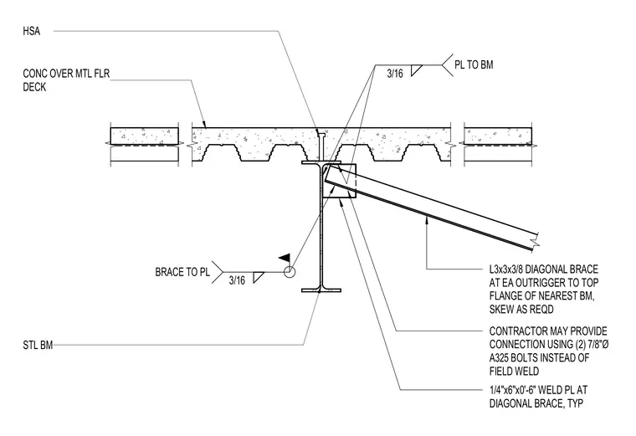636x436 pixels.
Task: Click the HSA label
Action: [32, 31]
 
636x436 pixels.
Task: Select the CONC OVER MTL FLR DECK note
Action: [66, 80]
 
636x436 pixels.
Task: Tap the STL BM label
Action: [38, 345]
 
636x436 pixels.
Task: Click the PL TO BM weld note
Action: [474, 65]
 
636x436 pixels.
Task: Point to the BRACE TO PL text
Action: [182, 272]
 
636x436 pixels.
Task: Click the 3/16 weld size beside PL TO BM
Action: [395, 74]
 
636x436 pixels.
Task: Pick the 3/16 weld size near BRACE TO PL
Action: [237, 280]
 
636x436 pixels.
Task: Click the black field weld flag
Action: [285, 258]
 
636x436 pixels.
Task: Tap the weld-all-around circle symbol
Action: [290, 272]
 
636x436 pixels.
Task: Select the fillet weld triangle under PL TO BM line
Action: [416, 70]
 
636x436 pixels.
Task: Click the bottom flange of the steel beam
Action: [321, 290]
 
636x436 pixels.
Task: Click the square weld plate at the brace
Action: [340, 181]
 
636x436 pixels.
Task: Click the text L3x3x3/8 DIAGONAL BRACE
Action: [543, 269]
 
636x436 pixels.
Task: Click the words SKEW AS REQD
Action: [521, 310]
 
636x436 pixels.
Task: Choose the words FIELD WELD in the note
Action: [514, 371]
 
